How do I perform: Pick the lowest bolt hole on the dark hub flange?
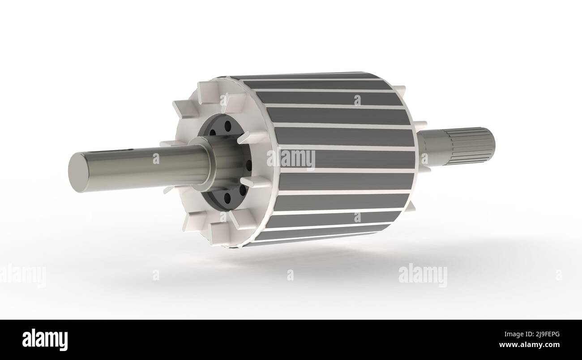(x=227, y=196)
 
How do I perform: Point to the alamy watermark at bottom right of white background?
(x=422, y=274)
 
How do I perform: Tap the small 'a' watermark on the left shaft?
(x=156, y=159)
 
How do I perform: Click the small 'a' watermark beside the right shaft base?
(x=424, y=158)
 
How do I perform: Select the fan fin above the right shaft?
(x=421, y=124)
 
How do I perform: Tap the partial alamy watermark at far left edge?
(x=22, y=275)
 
